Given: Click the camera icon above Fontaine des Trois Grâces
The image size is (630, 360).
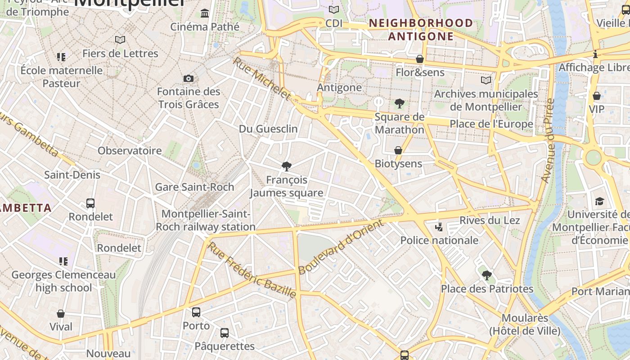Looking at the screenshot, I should pyautogui.click(x=189, y=79).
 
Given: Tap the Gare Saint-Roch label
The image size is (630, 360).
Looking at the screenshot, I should pyautogui.click(x=194, y=187).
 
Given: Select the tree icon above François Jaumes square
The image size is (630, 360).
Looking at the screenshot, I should pyautogui.click(x=286, y=166).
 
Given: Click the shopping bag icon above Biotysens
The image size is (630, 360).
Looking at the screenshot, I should pyautogui.click(x=398, y=150).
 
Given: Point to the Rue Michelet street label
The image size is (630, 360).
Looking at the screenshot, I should pyautogui.click(x=262, y=78).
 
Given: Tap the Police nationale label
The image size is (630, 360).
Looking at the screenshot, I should pyautogui.click(x=439, y=240).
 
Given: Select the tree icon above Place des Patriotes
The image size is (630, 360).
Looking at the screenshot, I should pyautogui.click(x=486, y=275).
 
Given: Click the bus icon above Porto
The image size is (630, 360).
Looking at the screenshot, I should pyautogui.click(x=196, y=312).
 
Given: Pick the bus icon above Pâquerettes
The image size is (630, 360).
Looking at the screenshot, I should pyautogui.click(x=225, y=333).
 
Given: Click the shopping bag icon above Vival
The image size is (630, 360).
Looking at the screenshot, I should pyautogui.click(x=61, y=314).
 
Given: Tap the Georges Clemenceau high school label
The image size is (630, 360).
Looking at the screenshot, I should pyautogui.click(x=63, y=281).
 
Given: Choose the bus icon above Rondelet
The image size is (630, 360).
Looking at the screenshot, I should pyautogui.click(x=90, y=203).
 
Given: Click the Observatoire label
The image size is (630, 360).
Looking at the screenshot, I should pyautogui.click(x=130, y=151).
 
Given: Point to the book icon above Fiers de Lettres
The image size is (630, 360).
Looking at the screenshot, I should pyautogui.click(x=120, y=40).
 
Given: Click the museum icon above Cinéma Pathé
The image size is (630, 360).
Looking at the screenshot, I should pyautogui.click(x=205, y=13).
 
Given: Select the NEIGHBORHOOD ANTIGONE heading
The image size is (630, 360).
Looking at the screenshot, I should pyautogui.click(x=421, y=30).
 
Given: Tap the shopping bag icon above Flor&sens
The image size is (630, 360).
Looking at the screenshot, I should pyautogui.click(x=420, y=59).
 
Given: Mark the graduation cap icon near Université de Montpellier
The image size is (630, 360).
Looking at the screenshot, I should pyautogui.click(x=599, y=201).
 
